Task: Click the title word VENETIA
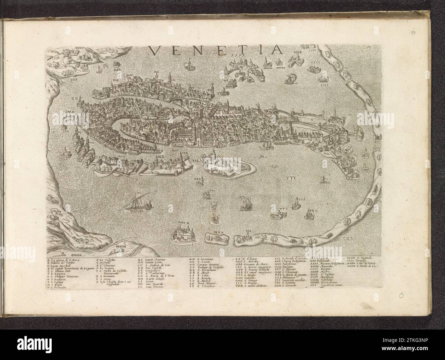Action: [x=216, y=50]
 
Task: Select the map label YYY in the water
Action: [x=284, y=177]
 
